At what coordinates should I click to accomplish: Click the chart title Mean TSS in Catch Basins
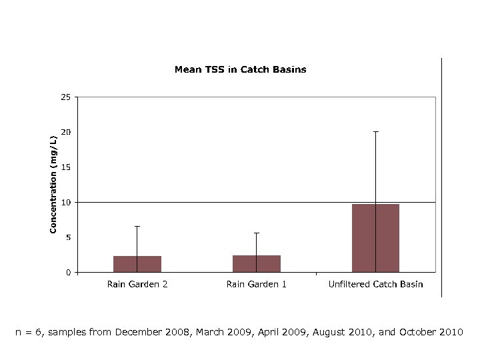click(240, 69)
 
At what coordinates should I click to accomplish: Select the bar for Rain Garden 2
click(137, 264)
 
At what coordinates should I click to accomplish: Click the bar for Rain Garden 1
click(257, 263)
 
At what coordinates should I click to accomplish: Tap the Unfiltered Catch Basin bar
click(375, 238)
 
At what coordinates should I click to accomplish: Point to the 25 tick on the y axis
click(65, 97)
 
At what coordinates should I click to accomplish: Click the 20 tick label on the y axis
click(65, 132)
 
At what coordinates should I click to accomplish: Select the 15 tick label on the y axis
click(65, 167)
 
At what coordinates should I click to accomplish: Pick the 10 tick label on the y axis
click(65, 202)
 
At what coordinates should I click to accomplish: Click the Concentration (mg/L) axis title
click(53, 185)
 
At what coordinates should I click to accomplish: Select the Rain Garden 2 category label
click(137, 285)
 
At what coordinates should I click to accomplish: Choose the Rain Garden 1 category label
click(257, 285)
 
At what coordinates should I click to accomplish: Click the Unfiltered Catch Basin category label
click(375, 285)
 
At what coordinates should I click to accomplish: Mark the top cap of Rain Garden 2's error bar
click(137, 227)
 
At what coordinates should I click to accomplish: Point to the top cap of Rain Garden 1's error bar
click(257, 233)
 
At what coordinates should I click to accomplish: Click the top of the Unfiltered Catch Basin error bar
click(375, 132)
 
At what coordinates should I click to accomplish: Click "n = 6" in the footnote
click(29, 332)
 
